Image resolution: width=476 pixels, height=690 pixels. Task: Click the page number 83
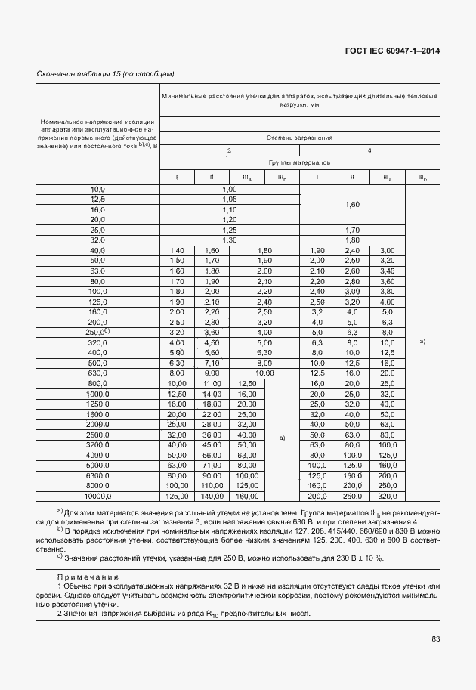point(435,639)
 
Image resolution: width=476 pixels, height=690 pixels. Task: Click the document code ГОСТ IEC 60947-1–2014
point(393,51)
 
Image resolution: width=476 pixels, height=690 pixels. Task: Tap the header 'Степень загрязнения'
point(299,138)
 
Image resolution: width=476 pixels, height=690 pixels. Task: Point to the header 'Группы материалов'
point(299,162)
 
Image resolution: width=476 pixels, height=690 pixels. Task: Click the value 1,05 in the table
point(230,199)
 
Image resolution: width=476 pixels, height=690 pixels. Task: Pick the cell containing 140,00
point(211,497)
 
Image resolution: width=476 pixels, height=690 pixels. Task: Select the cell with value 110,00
point(211,486)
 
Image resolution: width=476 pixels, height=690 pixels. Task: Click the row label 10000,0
point(98,497)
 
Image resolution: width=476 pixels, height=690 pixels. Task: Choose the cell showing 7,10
point(211,363)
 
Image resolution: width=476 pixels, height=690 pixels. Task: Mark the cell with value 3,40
point(387,271)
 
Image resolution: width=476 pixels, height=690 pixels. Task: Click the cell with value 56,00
point(211,456)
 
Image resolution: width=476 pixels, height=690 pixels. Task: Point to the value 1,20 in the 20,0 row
point(230,219)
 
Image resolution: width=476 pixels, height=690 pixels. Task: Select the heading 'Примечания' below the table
point(89,577)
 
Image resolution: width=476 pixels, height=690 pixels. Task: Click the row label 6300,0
point(98,476)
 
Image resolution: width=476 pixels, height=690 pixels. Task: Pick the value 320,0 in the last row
point(387,497)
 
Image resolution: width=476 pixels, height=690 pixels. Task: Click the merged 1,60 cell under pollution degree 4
point(353,204)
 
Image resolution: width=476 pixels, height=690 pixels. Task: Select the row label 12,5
point(98,199)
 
